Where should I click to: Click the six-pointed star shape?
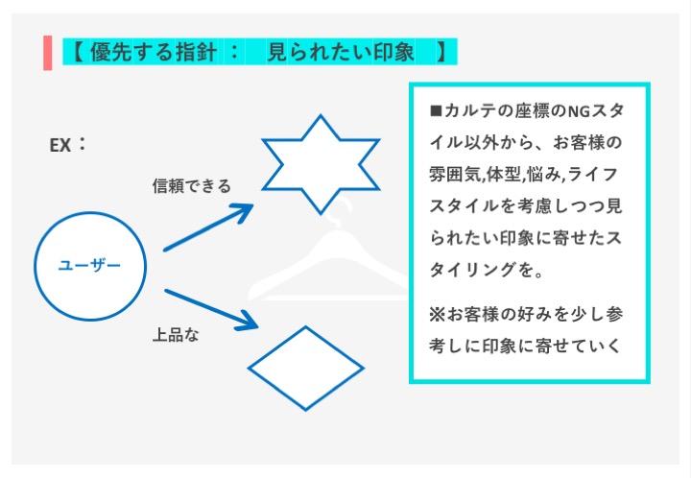(x=321, y=164)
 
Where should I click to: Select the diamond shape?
(x=306, y=369)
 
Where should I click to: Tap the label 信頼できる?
(x=192, y=186)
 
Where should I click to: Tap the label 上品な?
(x=176, y=335)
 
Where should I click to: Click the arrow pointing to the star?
(x=208, y=227)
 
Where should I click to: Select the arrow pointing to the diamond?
(x=211, y=308)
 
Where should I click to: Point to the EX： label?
(x=68, y=145)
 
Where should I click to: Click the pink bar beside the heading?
(x=48, y=52)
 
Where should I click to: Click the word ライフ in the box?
(x=601, y=175)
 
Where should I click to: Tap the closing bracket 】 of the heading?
(x=440, y=52)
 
